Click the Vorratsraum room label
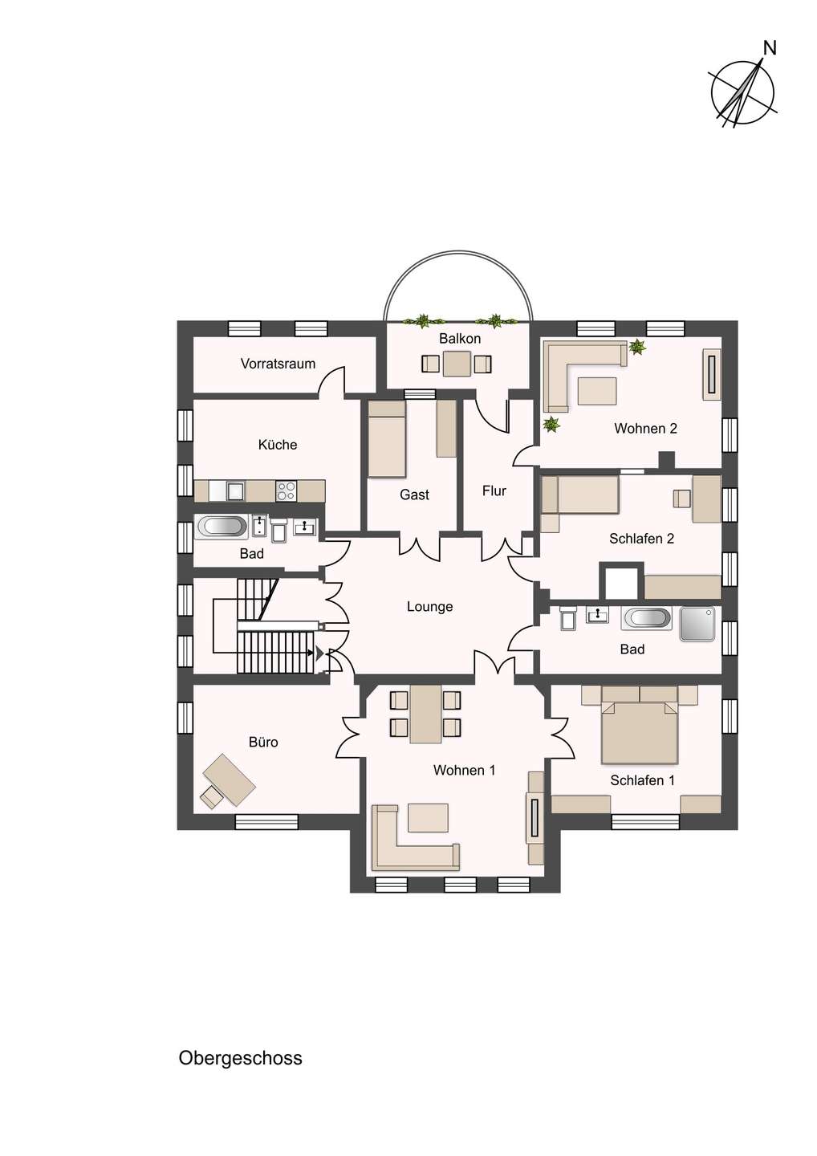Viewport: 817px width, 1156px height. click(x=278, y=364)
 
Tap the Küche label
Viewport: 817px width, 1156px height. click(x=278, y=445)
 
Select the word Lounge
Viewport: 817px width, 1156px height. click(x=429, y=606)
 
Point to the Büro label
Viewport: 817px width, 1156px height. click(x=263, y=742)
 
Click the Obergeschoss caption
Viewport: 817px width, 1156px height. click(x=240, y=1058)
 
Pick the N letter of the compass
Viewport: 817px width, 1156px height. click(x=770, y=48)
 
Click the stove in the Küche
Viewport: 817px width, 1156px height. click(x=286, y=490)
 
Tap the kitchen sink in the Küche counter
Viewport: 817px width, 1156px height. click(x=236, y=490)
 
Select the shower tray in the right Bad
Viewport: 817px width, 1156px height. click(x=697, y=624)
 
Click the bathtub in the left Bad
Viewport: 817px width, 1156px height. click(x=222, y=527)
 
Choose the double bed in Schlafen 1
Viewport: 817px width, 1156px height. click(x=639, y=732)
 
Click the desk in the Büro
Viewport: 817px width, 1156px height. click(x=230, y=779)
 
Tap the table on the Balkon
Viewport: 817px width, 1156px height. click(x=457, y=364)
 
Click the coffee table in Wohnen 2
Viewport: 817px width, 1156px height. click(x=597, y=391)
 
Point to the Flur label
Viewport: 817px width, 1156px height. click(x=494, y=490)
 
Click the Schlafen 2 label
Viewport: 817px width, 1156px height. click(x=641, y=538)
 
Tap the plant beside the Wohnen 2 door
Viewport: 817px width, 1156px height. click(x=552, y=424)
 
